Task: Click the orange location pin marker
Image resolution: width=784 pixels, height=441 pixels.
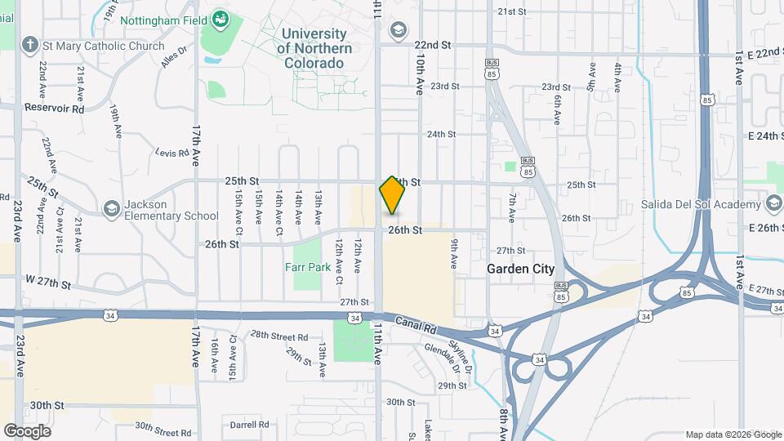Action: point(392,194)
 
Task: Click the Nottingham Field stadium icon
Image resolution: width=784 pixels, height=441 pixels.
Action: point(220,18)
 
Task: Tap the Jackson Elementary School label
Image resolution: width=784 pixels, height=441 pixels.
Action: point(171,210)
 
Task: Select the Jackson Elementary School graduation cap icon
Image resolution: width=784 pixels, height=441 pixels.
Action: point(110,210)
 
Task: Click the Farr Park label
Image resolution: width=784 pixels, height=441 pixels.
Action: point(307,267)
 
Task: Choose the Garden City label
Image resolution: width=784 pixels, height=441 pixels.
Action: point(520,269)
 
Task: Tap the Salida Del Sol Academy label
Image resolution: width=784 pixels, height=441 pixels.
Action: point(700,204)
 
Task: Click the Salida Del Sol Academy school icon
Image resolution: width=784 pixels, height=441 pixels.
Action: point(773,204)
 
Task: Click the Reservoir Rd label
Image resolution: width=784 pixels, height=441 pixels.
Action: point(55,108)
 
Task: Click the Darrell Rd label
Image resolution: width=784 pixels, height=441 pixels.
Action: point(249,425)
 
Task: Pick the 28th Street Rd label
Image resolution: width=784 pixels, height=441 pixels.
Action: point(279,336)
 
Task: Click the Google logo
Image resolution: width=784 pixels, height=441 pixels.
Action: point(27,431)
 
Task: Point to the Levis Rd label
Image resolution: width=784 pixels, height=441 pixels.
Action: point(172,153)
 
